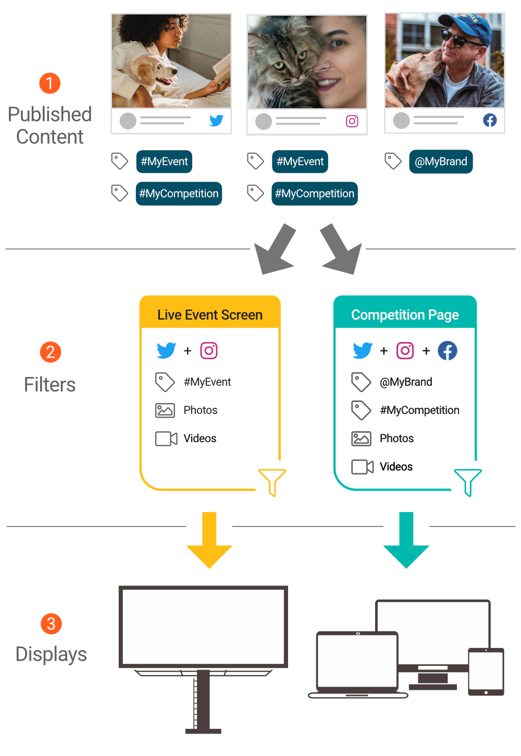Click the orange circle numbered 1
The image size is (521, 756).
(x=50, y=83)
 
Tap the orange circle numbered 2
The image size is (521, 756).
(x=51, y=352)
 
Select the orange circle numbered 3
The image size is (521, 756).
(x=51, y=624)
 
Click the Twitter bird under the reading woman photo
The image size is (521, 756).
(x=216, y=120)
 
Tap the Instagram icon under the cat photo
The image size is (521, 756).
(x=352, y=121)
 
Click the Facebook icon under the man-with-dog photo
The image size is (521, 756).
(x=490, y=120)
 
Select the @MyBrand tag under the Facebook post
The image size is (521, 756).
(x=441, y=162)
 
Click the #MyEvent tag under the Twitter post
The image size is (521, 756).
(x=164, y=162)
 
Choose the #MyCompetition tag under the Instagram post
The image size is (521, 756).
(x=314, y=194)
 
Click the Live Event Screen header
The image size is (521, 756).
(x=210, y=314)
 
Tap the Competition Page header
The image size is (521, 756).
(x=405, y=314)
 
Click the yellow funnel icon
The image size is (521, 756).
(x=272, y=481)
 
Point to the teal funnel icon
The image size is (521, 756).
(x=468, y=481)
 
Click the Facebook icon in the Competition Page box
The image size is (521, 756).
(x=448, y=351)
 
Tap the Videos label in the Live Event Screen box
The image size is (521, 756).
(x=200, y=438)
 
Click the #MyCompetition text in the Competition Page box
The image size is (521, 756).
(x=419, y=410)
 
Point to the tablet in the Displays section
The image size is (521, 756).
(x=486, y=672)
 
